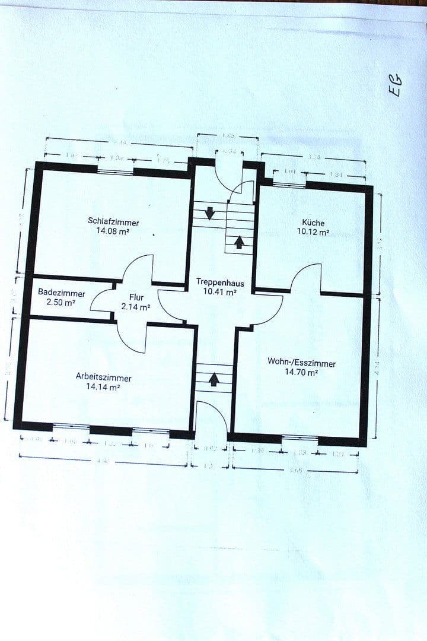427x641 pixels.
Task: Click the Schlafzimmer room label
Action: [113, 222]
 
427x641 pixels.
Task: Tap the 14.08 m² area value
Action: [113, 231]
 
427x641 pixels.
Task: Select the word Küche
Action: [313, 223]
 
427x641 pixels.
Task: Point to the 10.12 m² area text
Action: [313, 232]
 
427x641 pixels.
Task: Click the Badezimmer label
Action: [62, 293]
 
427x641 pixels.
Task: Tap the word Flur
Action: [136, 297]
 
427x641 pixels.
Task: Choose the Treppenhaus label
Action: [220, 283]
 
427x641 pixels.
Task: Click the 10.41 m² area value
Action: [220, 292]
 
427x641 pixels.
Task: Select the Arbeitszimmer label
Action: [104, 377]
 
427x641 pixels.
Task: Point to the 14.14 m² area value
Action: [103, 386]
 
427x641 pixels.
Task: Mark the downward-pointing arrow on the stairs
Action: [209, 212]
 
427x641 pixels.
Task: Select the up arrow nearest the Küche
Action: [239, 242]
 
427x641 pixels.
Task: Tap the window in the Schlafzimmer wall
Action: [116, 172]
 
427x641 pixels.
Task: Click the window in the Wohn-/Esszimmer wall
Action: [299, 439]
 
